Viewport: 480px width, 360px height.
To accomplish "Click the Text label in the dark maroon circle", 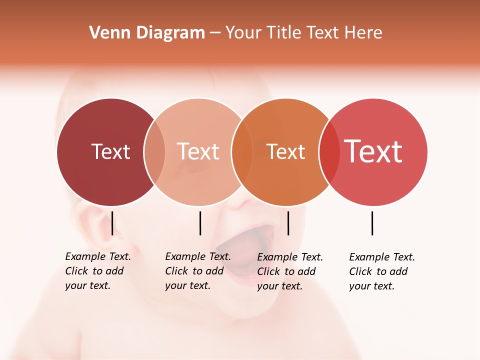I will [110, 151].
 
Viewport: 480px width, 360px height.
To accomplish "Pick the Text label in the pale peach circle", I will [198, 151].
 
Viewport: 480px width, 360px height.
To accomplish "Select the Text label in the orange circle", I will [285, 151].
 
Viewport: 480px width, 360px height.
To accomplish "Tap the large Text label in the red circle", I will [373, 151].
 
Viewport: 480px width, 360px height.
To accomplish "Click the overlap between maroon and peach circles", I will [154, 152].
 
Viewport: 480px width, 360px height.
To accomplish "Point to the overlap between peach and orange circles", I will [242, 152].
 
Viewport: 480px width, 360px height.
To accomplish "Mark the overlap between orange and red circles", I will [329, 152].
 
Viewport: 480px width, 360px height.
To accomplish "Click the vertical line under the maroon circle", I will [112, 223].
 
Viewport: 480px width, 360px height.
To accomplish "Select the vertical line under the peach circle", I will [200, 223].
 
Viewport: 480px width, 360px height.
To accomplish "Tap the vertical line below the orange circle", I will [288, 223].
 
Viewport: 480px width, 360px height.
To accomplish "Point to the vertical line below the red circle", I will [372, 223].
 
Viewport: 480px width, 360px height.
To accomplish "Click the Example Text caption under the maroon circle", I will [97, 271].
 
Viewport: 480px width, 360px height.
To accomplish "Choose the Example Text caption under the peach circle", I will [197, 271].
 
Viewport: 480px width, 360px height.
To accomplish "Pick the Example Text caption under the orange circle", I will [289, 271].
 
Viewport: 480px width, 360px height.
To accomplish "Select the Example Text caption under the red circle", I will [381, 271].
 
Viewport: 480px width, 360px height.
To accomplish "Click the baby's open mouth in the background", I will [240, 250].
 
